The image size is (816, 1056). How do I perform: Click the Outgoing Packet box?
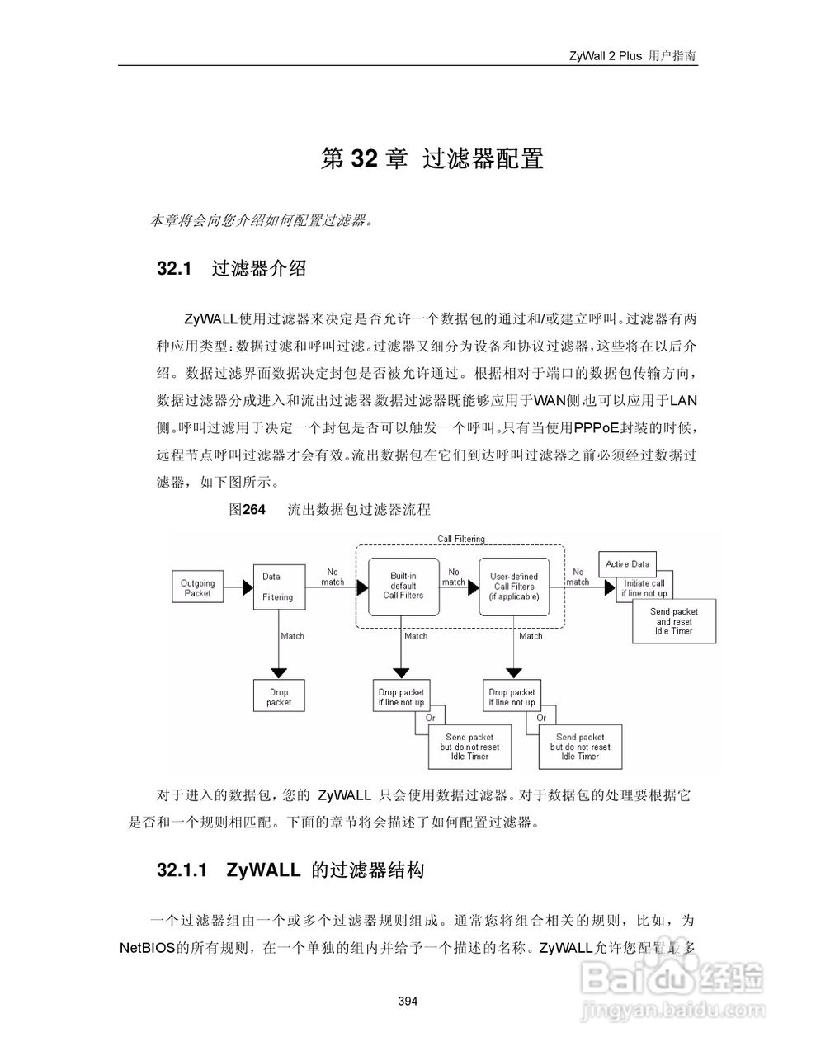point(198,587)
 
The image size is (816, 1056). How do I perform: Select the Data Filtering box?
point(278,587)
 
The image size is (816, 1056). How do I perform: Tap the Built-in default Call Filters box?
point(403,586)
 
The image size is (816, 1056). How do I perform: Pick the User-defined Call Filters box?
point(513,586)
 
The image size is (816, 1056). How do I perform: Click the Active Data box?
point(627,564)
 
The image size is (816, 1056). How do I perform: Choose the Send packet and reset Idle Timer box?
point(673,621)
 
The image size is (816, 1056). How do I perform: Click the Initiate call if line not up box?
point(644,588)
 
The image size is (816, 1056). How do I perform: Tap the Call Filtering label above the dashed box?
point(460,539)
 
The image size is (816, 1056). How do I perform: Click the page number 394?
point(408,1002)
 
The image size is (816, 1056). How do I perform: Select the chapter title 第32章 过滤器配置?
point(432,158)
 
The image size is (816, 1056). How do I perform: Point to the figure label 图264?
point(247,510)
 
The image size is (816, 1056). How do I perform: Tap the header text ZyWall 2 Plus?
point(605,56)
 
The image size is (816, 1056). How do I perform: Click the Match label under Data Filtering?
point(292,636)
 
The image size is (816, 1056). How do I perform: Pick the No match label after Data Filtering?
point(333,576)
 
